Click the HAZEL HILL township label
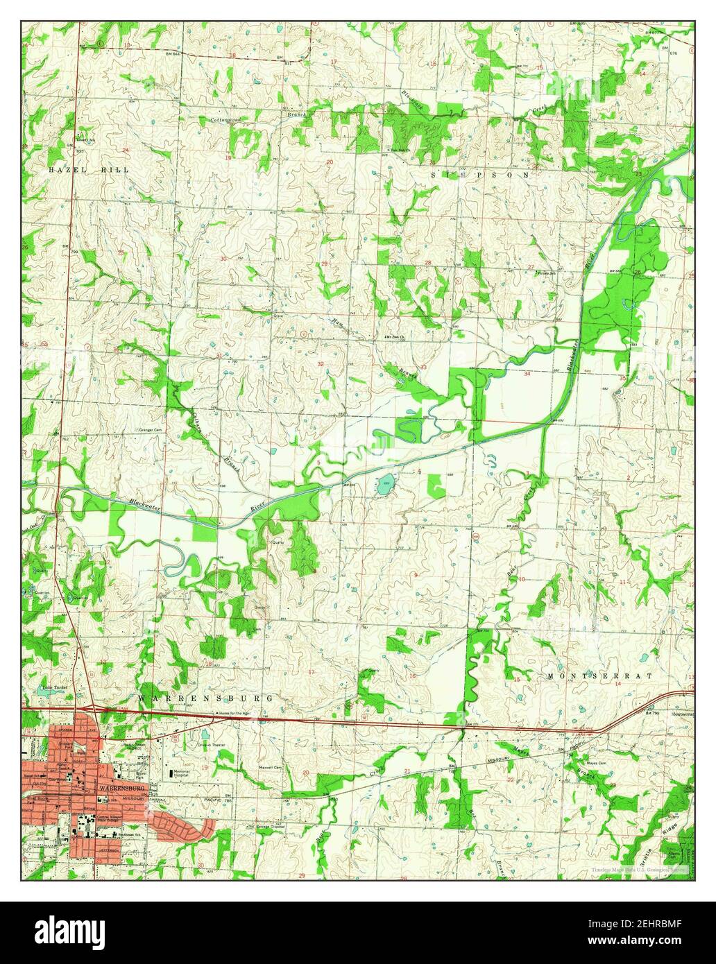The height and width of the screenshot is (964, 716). (80, 169)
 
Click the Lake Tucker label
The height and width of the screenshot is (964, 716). (53, 688)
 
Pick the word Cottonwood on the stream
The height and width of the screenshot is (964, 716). (226, 120)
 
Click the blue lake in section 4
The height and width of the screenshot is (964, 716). (384, 485)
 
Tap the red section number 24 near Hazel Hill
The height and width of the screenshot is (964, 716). (126, 150)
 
